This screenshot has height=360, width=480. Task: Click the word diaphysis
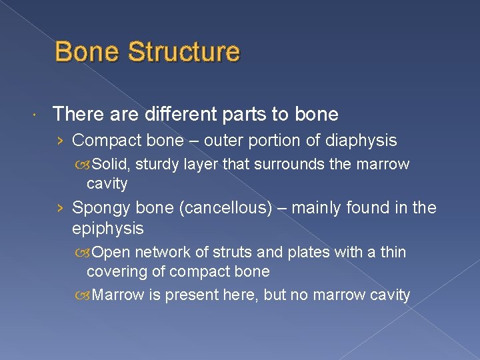[x=364, y=141]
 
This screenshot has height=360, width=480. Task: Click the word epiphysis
[x=107, y=229]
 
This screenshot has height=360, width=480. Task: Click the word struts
[x=235, y=253]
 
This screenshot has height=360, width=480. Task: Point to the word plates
[x=307, y=253]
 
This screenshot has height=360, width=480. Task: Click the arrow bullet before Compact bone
[x=61, y=141]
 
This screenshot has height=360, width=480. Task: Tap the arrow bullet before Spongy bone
[x=61, y=209]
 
